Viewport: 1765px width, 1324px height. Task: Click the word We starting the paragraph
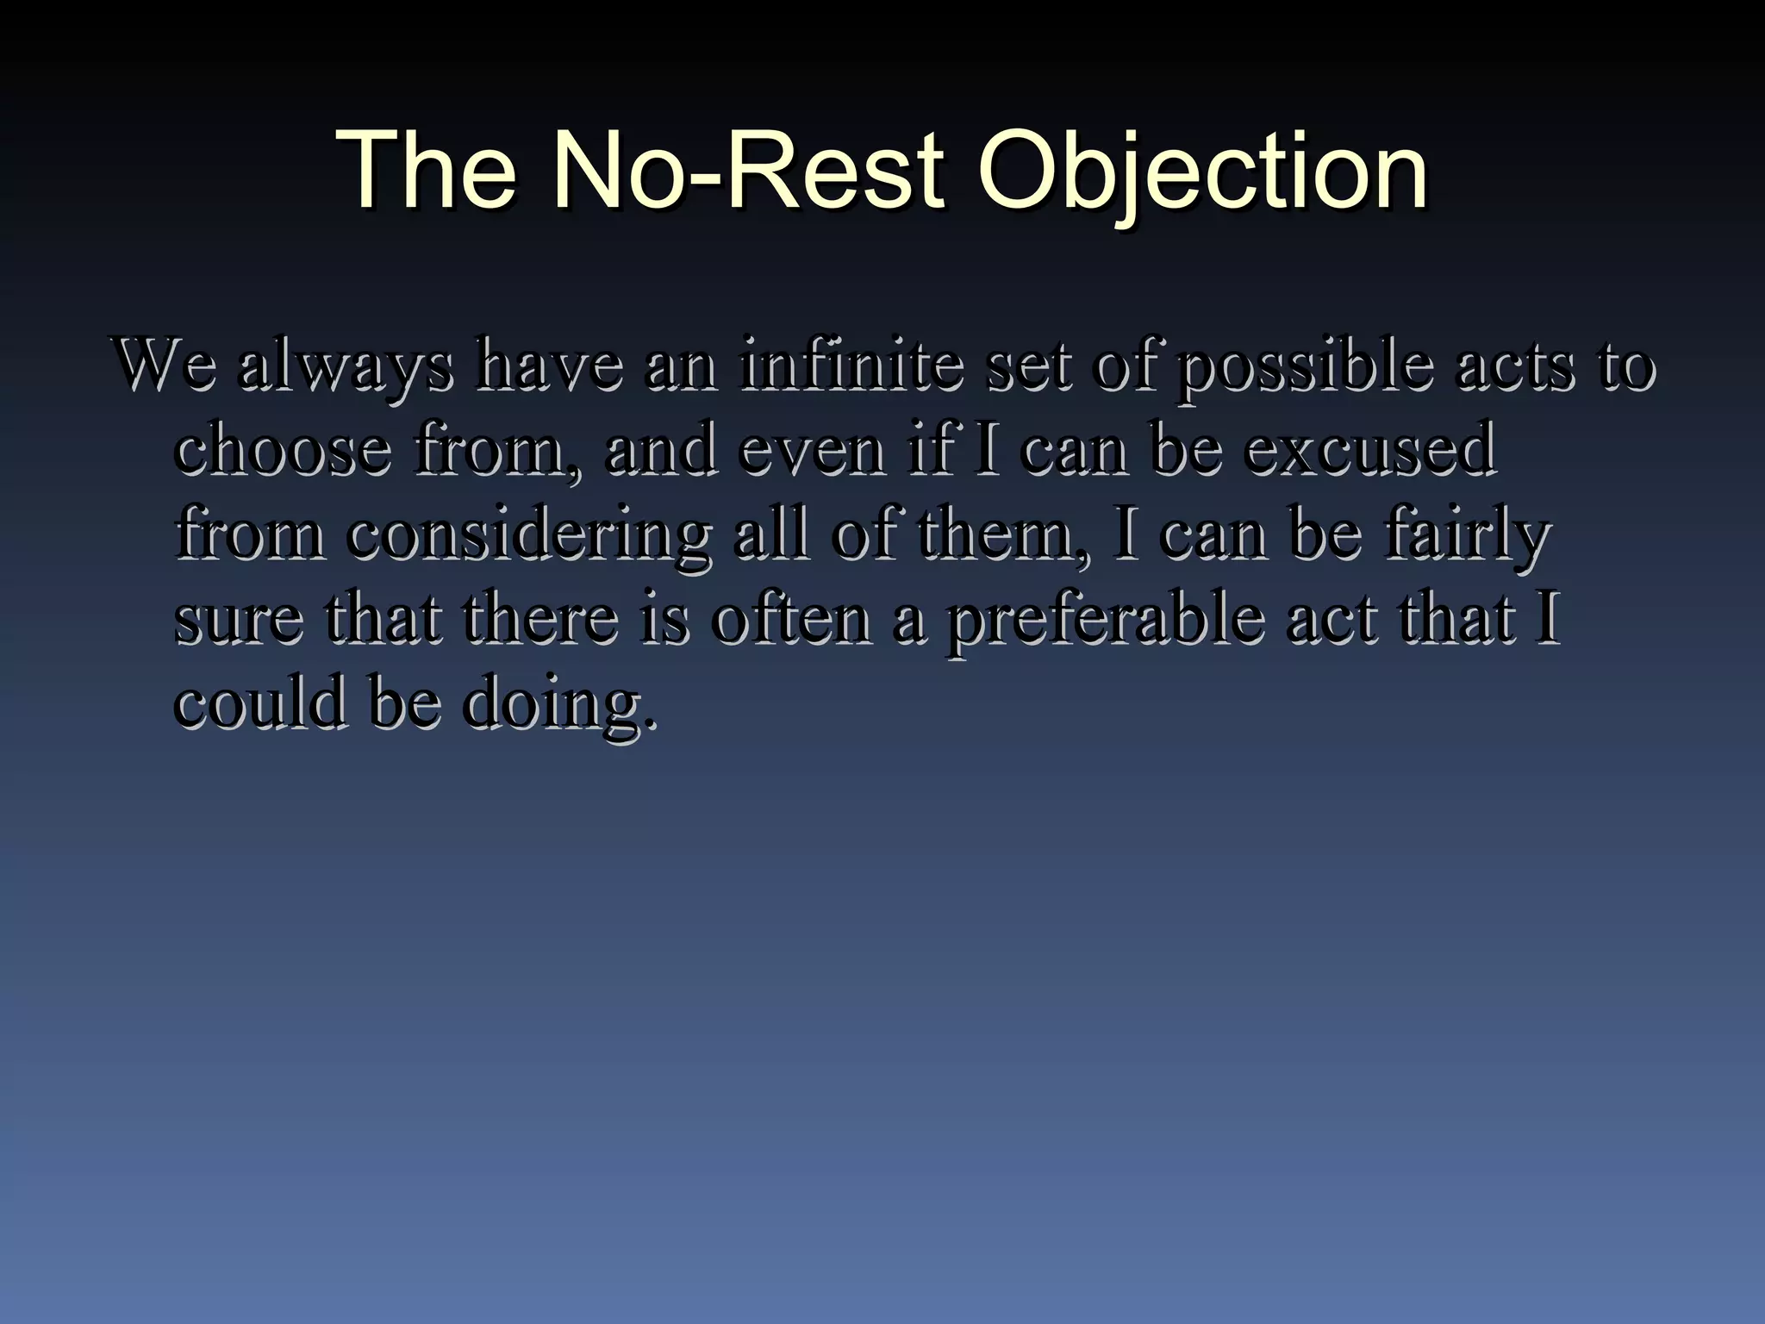click(163, 366)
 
